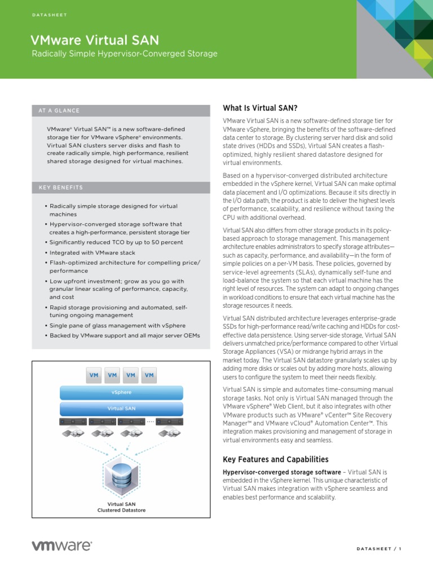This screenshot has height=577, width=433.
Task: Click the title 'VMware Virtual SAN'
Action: tap(94, 39)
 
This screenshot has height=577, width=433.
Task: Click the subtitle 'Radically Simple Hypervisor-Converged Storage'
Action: tap(123, 54)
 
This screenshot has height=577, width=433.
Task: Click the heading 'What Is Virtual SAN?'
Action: tap(260, 108)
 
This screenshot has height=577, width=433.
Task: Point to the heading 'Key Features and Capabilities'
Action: tap(276, 459)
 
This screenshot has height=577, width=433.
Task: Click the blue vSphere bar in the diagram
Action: tap(121, 392)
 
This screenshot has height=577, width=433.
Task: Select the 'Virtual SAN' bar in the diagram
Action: tap(121, 408)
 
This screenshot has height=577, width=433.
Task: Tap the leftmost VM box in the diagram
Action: tap(94, 375)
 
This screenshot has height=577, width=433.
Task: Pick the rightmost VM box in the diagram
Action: tap(149, 375)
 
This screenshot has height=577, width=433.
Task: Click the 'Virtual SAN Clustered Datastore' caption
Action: tap(122, 507)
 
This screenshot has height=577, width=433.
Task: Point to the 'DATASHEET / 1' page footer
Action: tap(379, 550)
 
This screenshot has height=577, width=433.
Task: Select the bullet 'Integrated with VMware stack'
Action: tap(92, 253)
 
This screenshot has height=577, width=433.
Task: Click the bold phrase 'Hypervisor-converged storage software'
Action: tap(282, 472)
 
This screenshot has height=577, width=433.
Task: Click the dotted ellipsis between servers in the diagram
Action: tap(150, 421)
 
